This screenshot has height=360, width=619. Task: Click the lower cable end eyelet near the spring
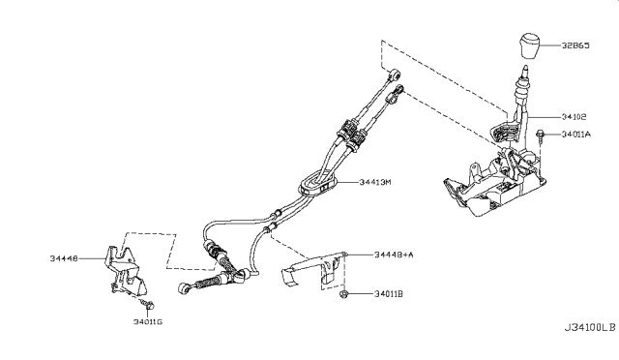[x=187, y=287]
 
